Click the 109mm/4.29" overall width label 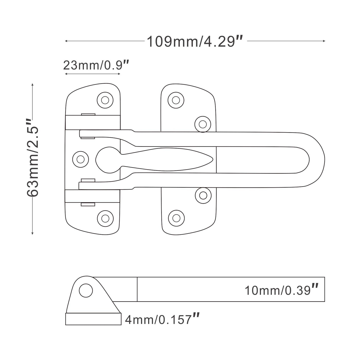click(195, 41)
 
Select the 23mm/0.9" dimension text click(96, 65)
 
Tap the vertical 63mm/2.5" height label click(33, 158)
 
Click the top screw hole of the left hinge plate click(105, 100)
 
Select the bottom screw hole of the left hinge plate click(105, 218)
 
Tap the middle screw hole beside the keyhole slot click(80, 159)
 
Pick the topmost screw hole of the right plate click(176, 100)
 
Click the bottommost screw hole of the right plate click(176, 218)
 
